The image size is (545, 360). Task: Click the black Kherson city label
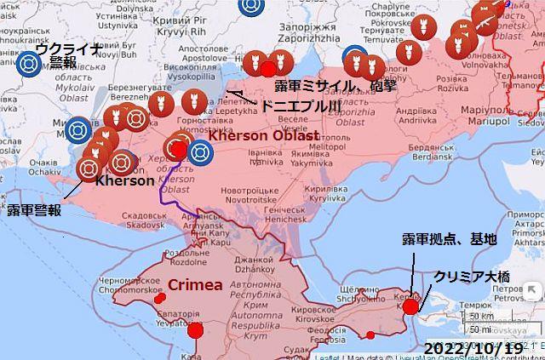[125, 180]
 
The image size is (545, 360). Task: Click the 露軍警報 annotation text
[34, 210]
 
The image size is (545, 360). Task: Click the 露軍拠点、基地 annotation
[449, 239]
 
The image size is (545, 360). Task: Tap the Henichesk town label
[286, 210]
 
